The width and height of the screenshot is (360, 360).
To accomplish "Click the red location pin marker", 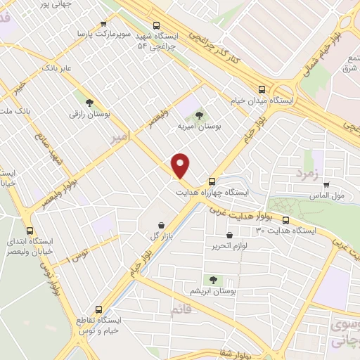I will pos(182,165).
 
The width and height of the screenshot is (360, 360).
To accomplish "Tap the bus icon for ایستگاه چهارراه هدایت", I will pos(212,180).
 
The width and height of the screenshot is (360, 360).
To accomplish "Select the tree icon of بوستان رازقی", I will pos(89,101).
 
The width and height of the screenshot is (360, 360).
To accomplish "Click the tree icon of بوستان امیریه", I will pos(199,114).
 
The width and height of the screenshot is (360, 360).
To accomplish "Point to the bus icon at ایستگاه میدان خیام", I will pos(262,89).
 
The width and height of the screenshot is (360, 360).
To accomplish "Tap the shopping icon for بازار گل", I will pos(162,226).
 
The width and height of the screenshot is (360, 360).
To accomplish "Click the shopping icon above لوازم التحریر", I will pos(229,236).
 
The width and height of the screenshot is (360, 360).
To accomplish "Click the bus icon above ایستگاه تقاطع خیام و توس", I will pos(98,309).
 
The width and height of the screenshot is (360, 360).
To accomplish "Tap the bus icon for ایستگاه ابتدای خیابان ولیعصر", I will pos(30,230).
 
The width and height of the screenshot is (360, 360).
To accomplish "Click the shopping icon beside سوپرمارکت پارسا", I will pos(105,23).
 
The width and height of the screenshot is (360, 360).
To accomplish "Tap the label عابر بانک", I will pos(58,68).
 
